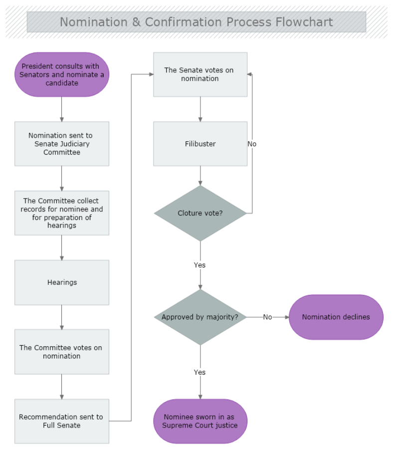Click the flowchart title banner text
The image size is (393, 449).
point(196,22)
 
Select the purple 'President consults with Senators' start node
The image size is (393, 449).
point(62,74)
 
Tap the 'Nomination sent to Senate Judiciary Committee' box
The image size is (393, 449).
point(62,144)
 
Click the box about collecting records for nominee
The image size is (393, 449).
point(62,213)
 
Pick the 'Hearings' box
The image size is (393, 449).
point(62,282)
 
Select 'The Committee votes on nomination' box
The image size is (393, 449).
point(62,352)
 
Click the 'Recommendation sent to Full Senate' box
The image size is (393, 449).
point(62,421)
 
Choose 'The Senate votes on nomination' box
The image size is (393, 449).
point(200,74)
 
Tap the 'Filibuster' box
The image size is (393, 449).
point(200,144)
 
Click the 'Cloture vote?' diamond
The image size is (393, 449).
point(200,213)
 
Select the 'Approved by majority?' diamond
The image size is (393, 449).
point(200,317)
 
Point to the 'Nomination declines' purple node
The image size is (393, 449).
point(336,317)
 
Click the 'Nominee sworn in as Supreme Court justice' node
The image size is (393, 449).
point(200,421)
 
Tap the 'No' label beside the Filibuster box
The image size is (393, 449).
point(252,144)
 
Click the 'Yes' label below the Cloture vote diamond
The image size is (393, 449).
point(200,265)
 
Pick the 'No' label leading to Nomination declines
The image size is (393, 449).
point(268,317)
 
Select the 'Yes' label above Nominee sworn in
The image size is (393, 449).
point(200,372)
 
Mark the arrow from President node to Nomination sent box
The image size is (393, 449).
point(62,109)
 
